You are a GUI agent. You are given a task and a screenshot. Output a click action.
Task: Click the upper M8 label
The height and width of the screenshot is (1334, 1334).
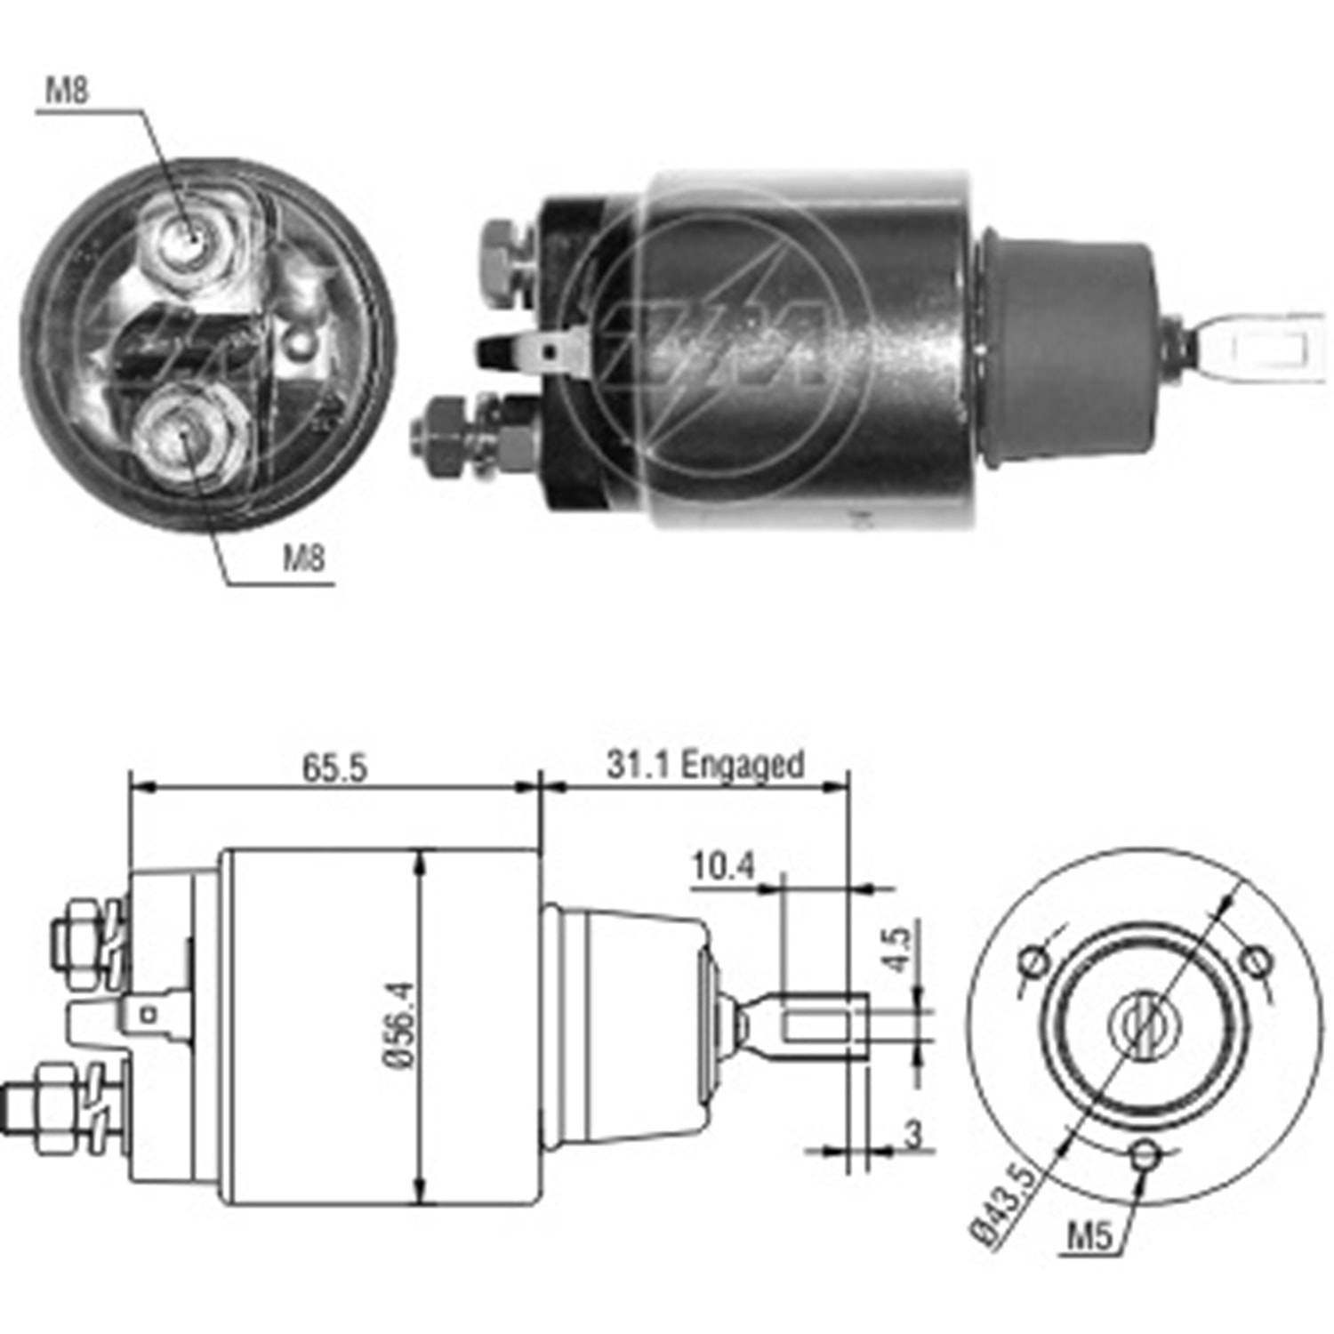pos(68,90)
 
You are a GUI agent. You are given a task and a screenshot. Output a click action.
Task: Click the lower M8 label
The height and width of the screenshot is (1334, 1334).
pos(304,559)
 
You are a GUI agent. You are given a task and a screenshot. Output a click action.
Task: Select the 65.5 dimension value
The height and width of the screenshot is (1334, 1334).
pos(334,767)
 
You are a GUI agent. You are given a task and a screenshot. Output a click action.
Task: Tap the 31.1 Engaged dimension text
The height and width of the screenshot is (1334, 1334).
pos(705,765)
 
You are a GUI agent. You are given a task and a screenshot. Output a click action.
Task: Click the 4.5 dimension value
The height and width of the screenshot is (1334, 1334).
pos(899,949)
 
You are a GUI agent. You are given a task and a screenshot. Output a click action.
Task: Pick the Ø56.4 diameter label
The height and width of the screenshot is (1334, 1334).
pos(399,1025)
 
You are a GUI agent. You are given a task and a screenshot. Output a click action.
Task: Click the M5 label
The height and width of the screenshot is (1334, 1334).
pos(1089,1235)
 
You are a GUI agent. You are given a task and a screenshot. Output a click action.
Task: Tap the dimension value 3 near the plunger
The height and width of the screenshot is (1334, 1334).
pos(913,1135)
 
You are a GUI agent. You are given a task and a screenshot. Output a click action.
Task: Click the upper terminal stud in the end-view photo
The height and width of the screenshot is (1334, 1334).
pos(189,237)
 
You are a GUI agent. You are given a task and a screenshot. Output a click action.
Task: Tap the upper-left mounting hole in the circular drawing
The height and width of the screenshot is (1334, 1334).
pos(1034,961)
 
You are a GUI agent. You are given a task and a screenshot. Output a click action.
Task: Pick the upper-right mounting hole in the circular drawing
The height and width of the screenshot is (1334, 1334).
pos(1255,960)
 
